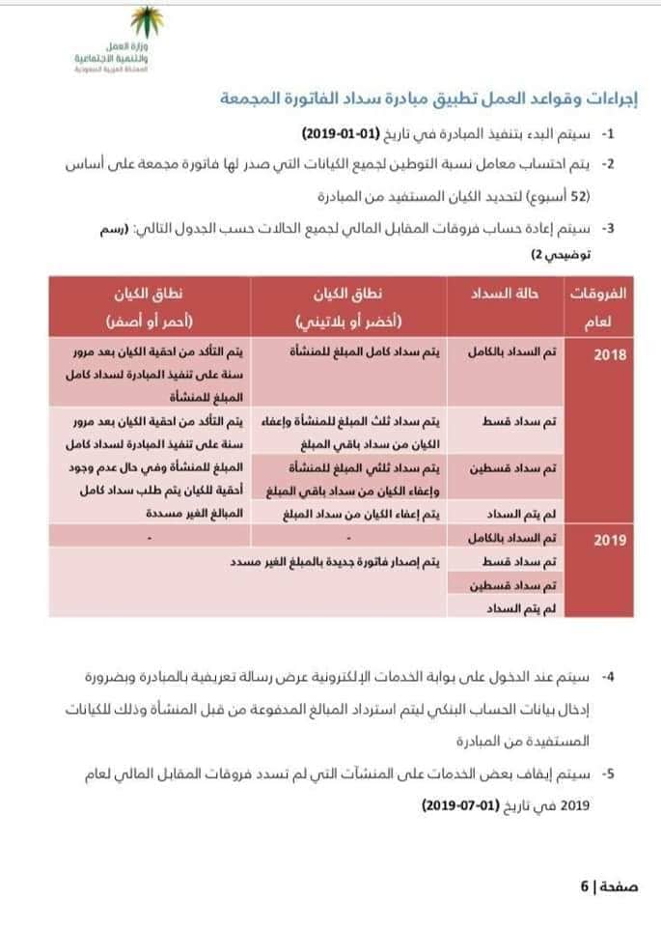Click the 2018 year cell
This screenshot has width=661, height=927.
click(x=610, y=355)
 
